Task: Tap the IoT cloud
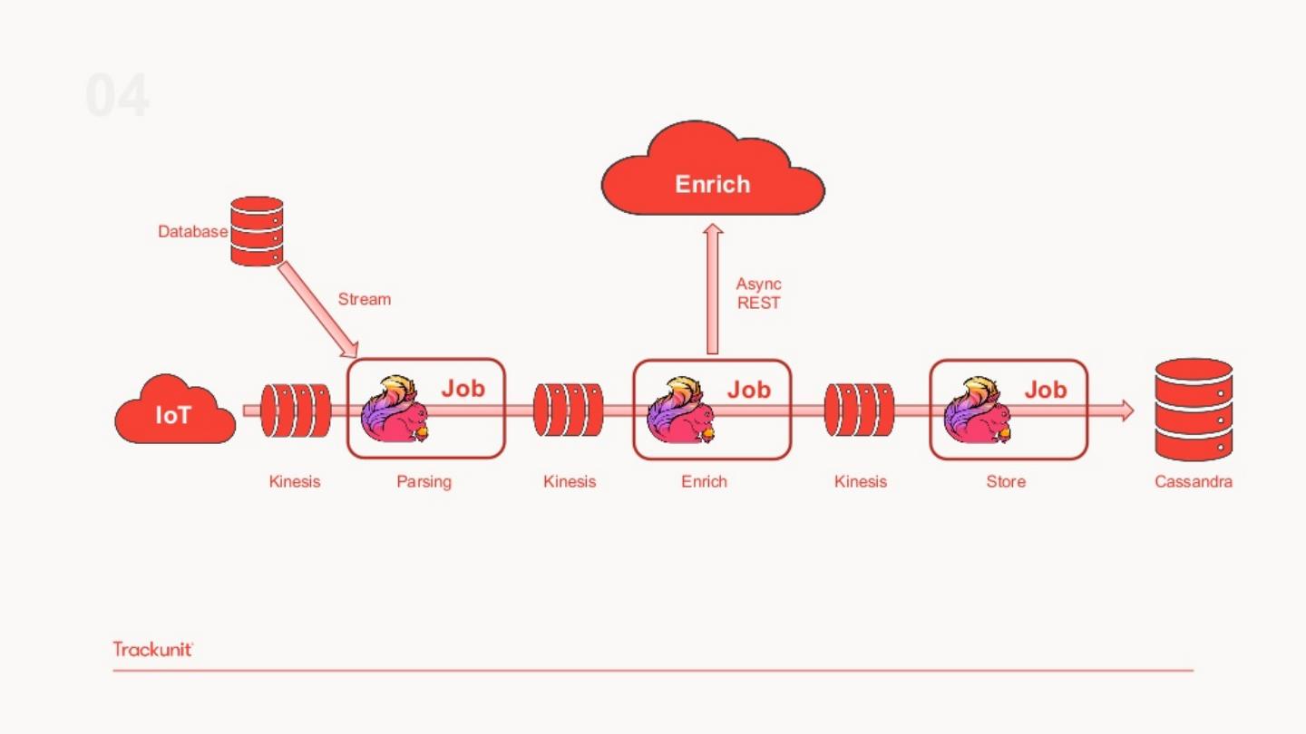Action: coord(174,414)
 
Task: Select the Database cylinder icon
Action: coord(257,231)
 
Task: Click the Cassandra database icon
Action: coord(1194,409)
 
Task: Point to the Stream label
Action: coord(364,299)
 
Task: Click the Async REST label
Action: coord(758,294)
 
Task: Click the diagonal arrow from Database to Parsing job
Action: coord(317,309)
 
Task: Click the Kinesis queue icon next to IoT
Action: coord(295,410)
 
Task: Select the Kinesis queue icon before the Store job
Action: coord(859,410)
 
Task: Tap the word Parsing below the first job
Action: coord(424,482)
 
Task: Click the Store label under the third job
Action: coord(1006,482)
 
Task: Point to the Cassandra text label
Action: coord(1193,482)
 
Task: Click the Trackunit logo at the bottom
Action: coord(153,649)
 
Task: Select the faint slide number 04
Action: coord(118,96)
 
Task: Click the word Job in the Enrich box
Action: coord(748,390)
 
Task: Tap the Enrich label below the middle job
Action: coord(704,482)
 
